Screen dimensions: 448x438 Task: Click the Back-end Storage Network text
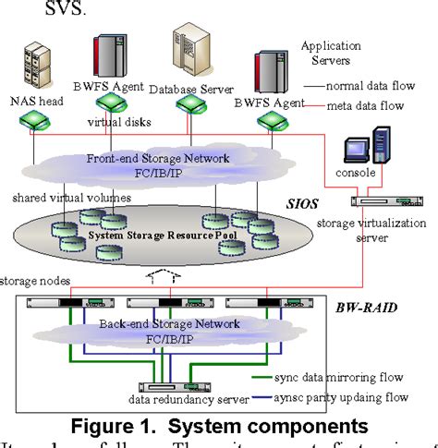[169, 325]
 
